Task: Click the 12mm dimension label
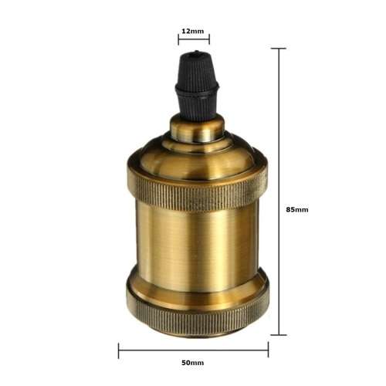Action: (x=193, y=32)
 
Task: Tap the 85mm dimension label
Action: (x=296, y=209)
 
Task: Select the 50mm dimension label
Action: (x=193, y=362)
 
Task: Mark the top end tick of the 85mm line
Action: (x=279, y=49)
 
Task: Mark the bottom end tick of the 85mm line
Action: (x=279, y=334)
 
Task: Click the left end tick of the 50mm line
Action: (x=119, y=350)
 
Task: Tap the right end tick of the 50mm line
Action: (x=268, y=350)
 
